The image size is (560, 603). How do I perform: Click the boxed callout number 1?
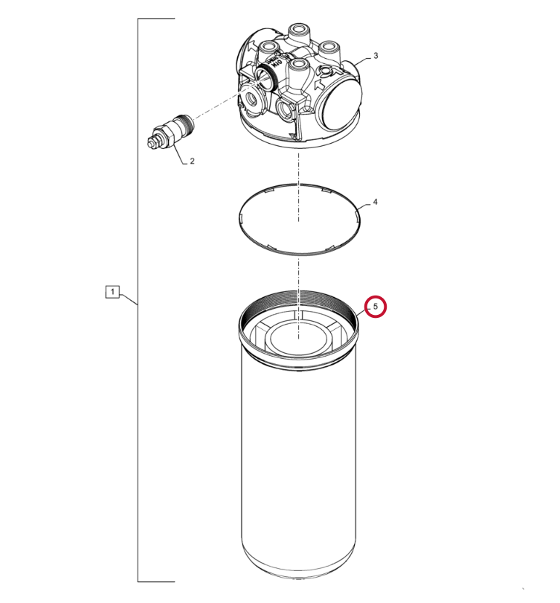(112, 292)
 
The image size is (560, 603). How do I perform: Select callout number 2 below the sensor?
(192, 161)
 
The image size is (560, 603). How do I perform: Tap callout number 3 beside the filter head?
(376, 56)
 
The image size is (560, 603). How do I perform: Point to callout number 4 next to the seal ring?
(376, 202)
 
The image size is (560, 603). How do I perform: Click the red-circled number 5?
(376, 307)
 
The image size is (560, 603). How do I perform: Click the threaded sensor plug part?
(170, 131)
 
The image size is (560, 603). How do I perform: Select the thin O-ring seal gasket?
(300, 219)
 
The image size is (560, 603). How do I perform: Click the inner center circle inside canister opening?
(299, 337)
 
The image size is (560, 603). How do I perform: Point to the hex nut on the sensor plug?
(164, 135)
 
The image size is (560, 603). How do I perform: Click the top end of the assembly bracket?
(175, 19)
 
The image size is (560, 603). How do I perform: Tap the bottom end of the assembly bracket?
(175, 582)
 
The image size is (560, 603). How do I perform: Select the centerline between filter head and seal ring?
(299, 187)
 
